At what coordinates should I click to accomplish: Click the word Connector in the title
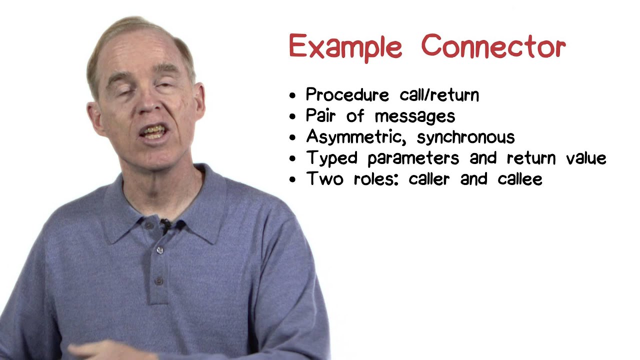493,46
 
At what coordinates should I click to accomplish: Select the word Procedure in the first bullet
347,95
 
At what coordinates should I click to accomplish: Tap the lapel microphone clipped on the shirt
165,226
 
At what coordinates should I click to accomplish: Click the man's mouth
152,133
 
